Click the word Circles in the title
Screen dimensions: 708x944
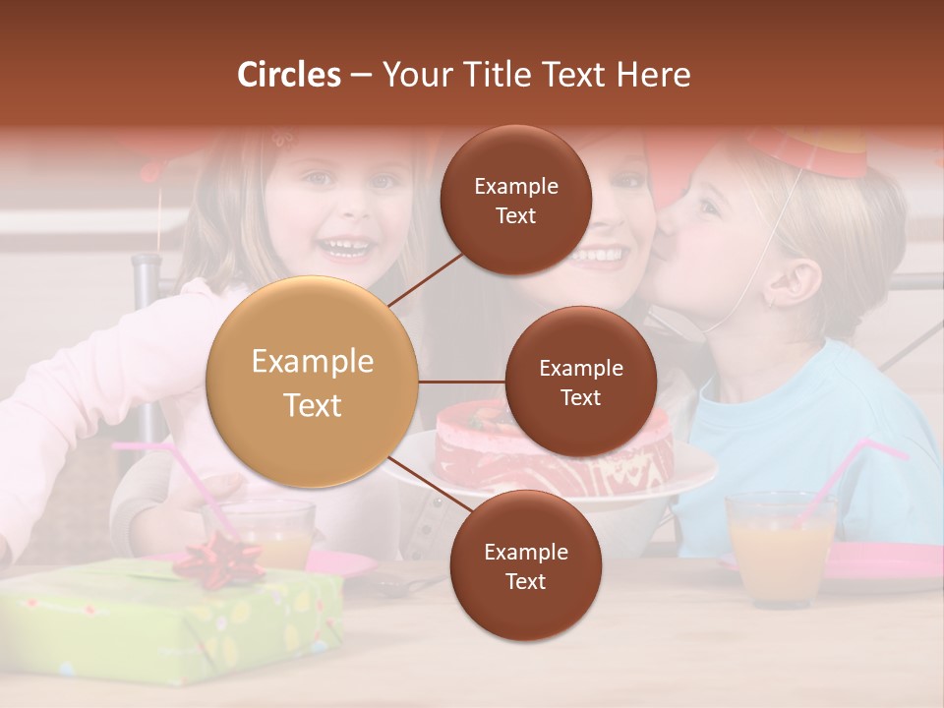(x=289, y=75)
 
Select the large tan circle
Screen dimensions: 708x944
(x=313, y=382)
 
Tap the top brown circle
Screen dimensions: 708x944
(x=516, y=200)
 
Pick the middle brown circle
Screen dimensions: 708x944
(x=580, y=382)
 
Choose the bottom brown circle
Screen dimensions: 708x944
(x=525, y=565)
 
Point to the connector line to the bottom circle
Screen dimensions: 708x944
(x=425, y=486)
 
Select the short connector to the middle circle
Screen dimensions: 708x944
(x=462, y=382)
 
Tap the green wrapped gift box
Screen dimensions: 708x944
(x=167, y=619)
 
